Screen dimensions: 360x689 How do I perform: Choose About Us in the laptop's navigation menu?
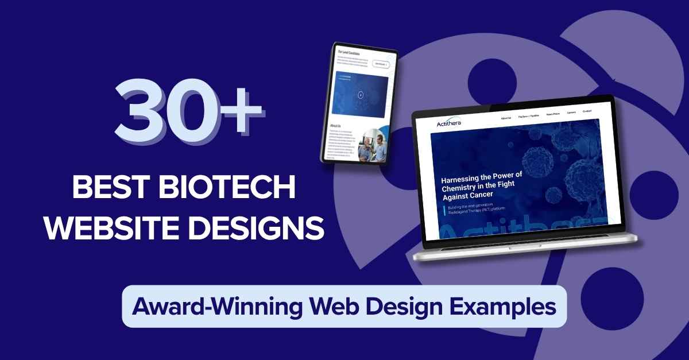tap(506, 118)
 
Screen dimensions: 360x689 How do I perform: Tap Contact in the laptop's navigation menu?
tap(587, 111)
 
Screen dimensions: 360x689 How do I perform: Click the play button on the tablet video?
tap(360, 95)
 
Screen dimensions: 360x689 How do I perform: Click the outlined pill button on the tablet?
tap(381, 65)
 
